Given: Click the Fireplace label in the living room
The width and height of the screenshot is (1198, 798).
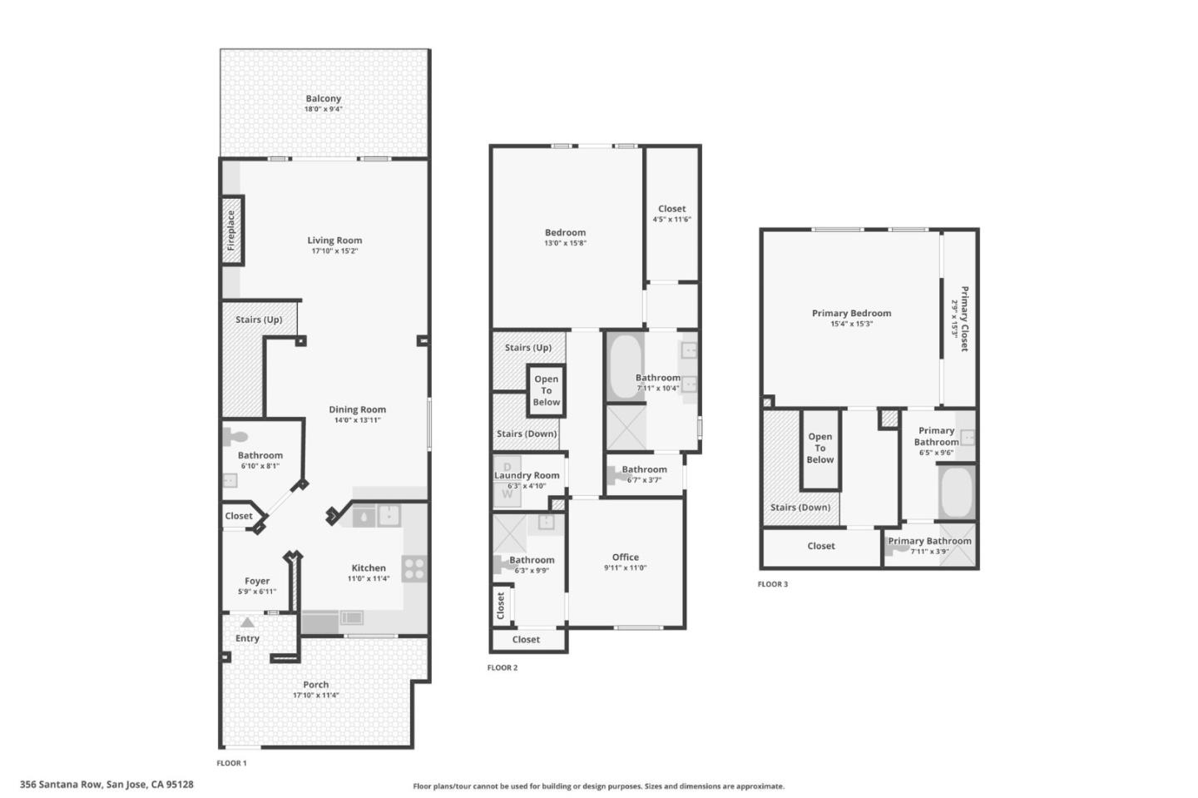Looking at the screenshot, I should (x=231, y=230).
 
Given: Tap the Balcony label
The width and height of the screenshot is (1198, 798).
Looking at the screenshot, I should (x=323, y=98).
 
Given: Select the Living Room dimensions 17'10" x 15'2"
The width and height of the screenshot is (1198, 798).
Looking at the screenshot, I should (x=334, y=250).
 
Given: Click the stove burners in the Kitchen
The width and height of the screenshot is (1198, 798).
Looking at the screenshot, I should (x=414, y=569).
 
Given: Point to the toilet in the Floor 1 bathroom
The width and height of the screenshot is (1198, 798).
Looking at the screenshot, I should (x=235, y=436).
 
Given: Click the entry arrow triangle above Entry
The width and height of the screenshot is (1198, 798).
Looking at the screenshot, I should (x=247, y=622).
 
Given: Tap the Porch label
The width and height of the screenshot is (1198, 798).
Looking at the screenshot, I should (x=315, y=684).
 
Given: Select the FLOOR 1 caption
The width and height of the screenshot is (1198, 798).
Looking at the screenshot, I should (x=231, y=763).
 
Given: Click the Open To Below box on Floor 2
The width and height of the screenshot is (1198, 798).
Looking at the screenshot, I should (x=546, y=390).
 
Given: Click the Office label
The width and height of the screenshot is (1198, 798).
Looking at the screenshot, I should (x=625, y=558).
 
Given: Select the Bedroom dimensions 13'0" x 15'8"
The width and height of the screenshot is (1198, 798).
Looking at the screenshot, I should (x=565, y=243).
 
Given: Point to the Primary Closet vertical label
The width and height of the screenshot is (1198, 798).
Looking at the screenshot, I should (x=964, y=319).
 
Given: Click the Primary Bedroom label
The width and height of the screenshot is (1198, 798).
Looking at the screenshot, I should (x=851, y=313).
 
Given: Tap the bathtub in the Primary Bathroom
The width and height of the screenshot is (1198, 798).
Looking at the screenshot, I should (x=956, y=492).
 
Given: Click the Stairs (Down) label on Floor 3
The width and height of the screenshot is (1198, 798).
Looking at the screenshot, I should (x=799, y=507).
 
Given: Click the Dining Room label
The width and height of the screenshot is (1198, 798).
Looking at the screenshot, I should (x=357, y=409).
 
